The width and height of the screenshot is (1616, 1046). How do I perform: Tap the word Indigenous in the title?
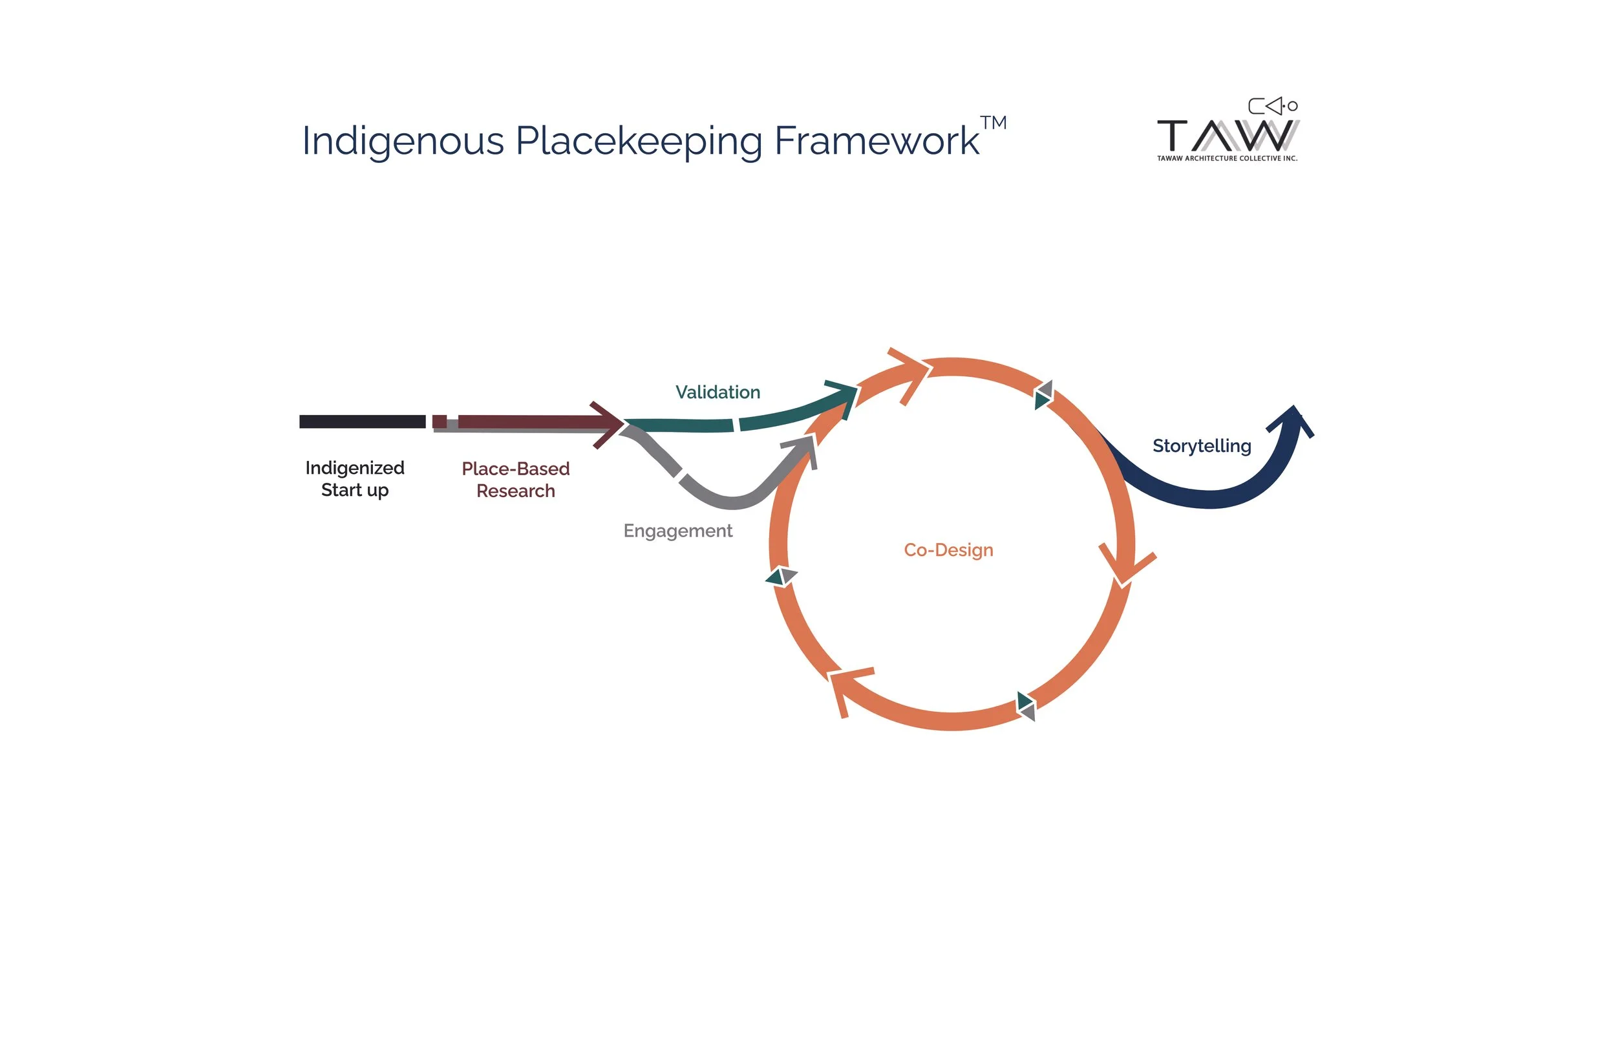403,142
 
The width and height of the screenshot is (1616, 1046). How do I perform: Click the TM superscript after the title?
993,123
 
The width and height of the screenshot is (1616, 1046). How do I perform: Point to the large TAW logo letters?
1228,136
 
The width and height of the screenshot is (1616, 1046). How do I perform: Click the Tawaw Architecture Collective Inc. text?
1227,158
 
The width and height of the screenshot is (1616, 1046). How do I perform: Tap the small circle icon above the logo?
1293,106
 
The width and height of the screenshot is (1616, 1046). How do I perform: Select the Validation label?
718,392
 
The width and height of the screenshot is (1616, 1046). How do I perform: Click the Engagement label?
677,531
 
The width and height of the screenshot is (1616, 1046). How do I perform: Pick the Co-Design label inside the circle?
948,550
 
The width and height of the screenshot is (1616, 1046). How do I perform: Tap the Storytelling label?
1201,445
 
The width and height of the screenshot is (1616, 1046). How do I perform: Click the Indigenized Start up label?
354,479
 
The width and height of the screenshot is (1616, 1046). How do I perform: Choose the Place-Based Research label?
515,480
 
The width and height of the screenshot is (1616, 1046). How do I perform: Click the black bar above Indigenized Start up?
362,422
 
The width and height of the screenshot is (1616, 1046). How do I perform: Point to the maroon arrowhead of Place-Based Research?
609,425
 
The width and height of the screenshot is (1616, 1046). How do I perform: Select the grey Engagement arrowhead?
804,448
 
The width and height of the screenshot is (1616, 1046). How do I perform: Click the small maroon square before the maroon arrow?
440,421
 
